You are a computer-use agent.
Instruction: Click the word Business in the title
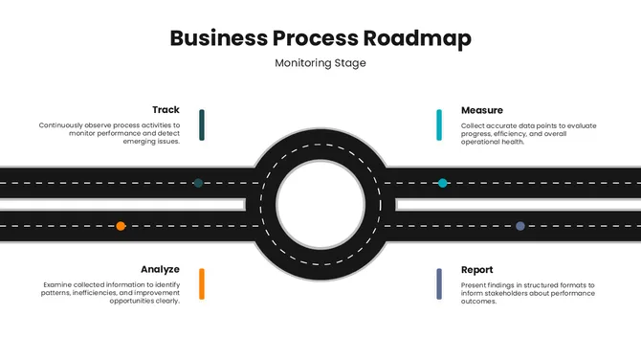[x=215, y=38]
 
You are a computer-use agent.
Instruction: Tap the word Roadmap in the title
[x=417, y=38]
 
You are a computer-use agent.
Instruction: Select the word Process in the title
[x=313, y=38]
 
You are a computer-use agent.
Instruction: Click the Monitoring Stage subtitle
[x=320, y=63]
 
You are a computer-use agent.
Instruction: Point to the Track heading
[x=166, y=110]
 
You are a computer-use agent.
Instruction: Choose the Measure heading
[x=481, y=110]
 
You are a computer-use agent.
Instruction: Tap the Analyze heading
[x=160, y=269]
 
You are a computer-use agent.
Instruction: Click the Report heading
[x=476, y=269]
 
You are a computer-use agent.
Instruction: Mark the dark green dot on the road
[x=198, y=182]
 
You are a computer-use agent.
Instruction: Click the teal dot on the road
[x=442, y=182]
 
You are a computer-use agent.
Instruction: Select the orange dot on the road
[x=121, y=226]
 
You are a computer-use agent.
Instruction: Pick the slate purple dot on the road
[x=519, y=226]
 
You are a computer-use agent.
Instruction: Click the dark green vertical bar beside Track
[x=202, y=124]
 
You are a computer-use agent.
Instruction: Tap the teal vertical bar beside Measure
[x=439, y=124]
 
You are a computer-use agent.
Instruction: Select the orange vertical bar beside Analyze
[x=202, y=283]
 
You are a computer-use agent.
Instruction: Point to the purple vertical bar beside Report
[x=439, y=283]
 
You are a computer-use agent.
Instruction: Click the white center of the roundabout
[x=320, y=204]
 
